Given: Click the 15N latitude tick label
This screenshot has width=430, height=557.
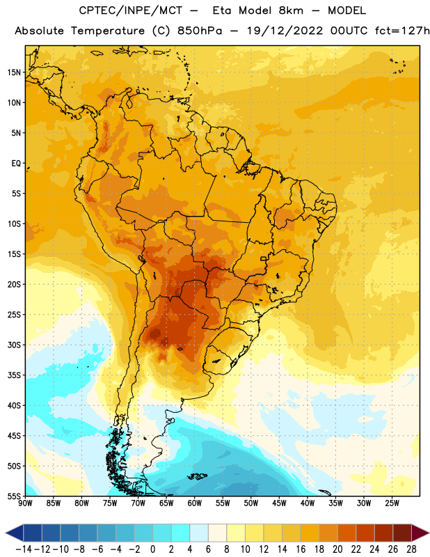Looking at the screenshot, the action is [x=14, y=72].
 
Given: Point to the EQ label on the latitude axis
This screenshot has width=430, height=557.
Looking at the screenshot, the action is [x=16, y=164].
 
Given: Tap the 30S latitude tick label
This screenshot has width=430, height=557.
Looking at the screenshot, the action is [x=14, y=345].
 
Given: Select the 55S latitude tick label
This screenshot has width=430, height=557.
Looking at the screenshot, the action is [x=14, y=496].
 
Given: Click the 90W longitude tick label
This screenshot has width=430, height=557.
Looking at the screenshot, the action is [x=26, y=503].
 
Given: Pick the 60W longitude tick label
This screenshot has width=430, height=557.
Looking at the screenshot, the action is [x=195, y=503].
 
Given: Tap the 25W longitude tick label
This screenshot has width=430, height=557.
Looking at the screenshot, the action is [x=392, y=503].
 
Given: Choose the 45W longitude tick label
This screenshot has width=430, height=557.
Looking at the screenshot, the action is [x=279, y=503].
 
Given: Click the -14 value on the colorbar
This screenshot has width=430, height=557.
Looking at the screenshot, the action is [x=24, y=549].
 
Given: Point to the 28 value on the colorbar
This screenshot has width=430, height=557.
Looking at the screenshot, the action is [x=411, y=549].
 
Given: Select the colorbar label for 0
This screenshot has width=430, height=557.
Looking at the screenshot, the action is [x=153, y=549].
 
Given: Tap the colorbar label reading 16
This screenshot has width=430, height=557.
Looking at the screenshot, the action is [x=301, y=549].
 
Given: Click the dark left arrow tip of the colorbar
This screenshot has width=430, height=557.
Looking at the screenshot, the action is [x=6, y=533].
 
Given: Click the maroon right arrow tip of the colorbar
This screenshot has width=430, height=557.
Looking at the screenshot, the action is [x=428, y=533].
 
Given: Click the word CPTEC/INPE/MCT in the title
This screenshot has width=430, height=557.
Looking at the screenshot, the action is [x=130, y=10].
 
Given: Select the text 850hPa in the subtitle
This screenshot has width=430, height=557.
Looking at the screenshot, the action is [x=200, y=31].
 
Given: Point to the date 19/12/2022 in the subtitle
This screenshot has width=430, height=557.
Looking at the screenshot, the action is [x=285, y=31].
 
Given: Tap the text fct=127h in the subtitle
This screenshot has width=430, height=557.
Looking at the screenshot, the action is [x=402, y=31].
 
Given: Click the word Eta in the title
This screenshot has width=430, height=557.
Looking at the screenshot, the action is [x=222, y=10].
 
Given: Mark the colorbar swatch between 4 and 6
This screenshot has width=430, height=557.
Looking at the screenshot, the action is [x=199, y=533].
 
